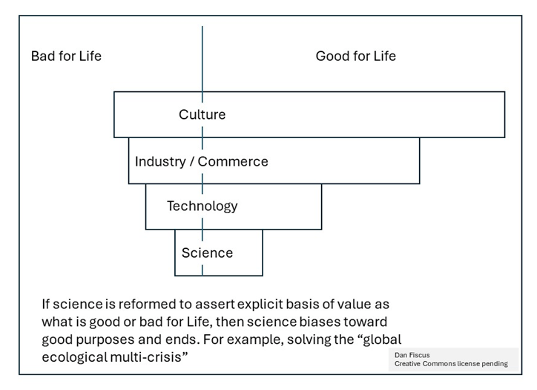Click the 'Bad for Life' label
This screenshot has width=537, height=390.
click(66, 56)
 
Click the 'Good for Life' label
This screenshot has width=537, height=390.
click(355, 56)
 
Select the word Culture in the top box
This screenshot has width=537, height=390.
click(202, 114)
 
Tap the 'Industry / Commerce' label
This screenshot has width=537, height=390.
click(201, 161)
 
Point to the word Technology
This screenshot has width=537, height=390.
click(202, 206)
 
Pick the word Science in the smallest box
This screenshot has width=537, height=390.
click(207, 253)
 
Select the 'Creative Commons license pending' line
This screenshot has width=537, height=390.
click(451, 364)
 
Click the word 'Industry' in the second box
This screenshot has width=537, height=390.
click(159, 161)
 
